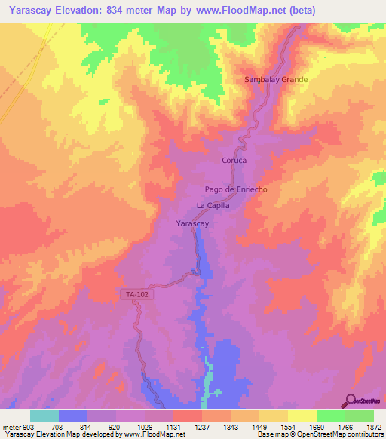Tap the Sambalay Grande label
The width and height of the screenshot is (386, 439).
(277, 79)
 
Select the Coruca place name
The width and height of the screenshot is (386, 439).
(234, 161)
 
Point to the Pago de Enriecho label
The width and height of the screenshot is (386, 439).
(237, 190)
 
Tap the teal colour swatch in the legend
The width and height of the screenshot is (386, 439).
(44, 416)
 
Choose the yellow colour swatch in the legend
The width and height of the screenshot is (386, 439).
(302, 416)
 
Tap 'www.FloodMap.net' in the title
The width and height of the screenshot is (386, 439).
(244, 10)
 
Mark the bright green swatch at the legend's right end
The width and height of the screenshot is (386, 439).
(359, 416)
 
